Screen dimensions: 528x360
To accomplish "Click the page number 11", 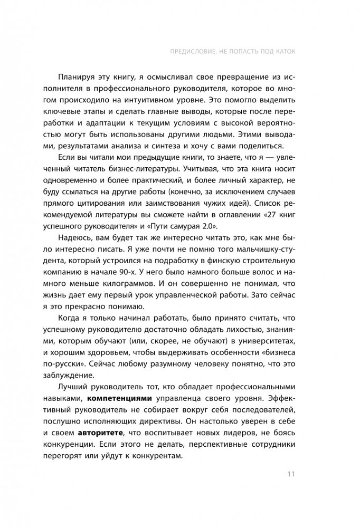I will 291,474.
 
